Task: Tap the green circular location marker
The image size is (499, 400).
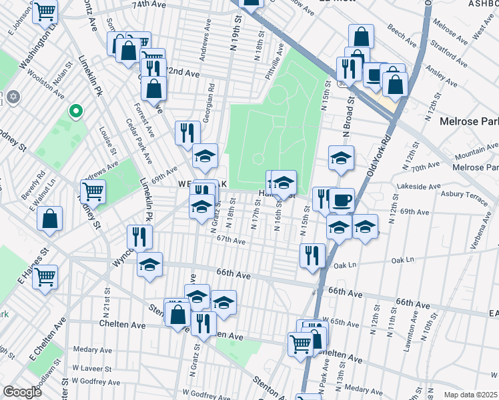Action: click(x=76, y=111)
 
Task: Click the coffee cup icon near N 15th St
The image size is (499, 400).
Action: click(x=342, y=199)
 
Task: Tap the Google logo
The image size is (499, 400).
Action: click(x=22, y=392)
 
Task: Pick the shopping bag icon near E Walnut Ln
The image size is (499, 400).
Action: click(x=49, y=219)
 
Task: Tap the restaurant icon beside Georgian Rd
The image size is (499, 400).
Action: click(x=187, y=133)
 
